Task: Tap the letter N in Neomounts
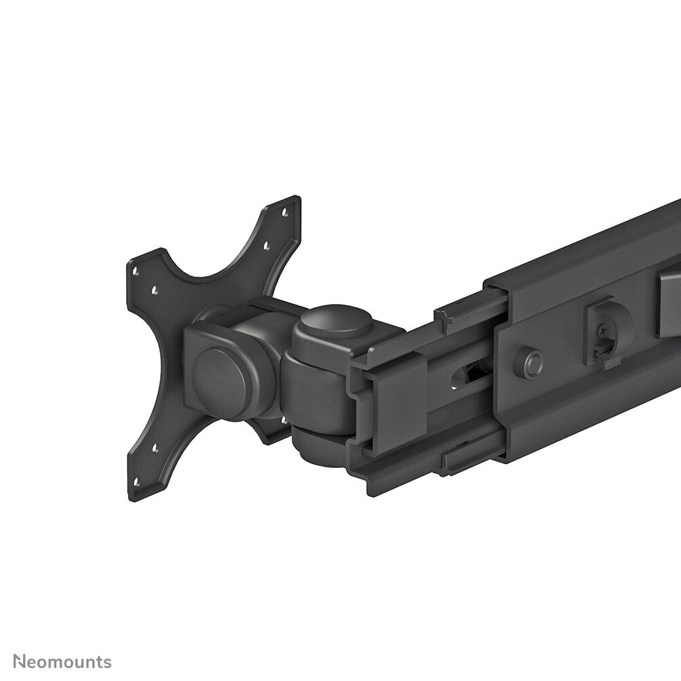[x=22, y=661]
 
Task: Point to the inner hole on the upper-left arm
[x=155, y=290]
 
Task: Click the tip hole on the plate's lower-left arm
[x=136, y=482]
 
